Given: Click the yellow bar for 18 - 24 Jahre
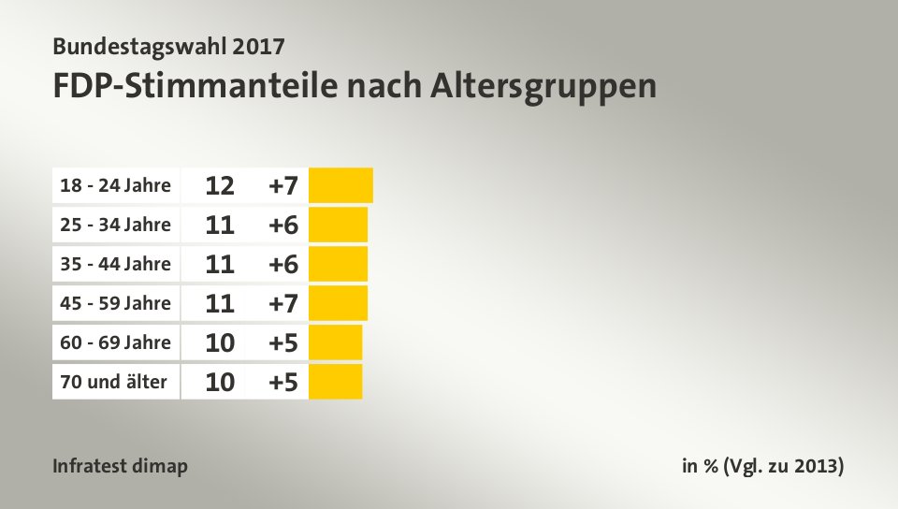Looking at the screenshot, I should (340, 185).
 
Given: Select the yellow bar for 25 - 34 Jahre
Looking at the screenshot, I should (338, 225).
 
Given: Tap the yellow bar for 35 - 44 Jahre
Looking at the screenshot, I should (338, 264).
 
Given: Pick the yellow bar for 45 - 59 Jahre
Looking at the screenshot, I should (338, 303).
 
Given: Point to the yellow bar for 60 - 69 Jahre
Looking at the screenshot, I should (335, 342).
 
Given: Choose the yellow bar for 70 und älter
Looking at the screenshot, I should (335, 382).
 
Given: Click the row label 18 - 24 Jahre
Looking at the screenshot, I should (114, 185).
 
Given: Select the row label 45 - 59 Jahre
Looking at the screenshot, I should (114, 303).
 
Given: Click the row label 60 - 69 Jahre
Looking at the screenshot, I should (114, 342).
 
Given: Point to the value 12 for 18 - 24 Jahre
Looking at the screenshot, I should (220, 185).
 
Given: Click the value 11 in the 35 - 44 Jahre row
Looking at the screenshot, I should (220, 264).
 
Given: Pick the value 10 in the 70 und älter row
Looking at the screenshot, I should (220, 382).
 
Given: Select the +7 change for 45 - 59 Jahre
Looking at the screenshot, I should (282, 303).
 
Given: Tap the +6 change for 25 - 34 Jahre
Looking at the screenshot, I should (282, 225).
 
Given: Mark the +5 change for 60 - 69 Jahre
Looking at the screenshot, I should (282, 342).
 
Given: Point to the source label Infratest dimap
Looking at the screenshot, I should (121, 466).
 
